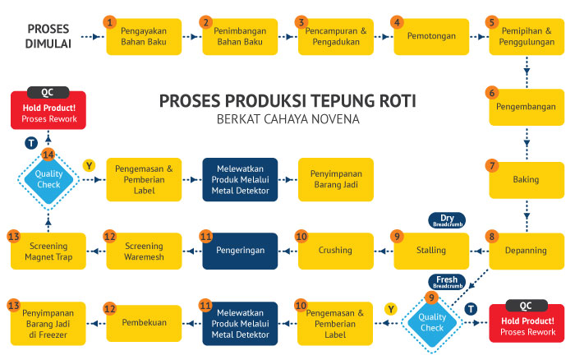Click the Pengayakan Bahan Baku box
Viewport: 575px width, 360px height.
145,36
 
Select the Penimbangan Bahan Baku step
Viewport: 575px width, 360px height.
240,36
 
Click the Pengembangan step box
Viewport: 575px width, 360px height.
527,106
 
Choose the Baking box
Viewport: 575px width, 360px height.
527,178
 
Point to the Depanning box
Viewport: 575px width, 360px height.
527,249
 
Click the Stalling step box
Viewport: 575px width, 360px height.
431,249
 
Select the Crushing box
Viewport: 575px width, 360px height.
335,249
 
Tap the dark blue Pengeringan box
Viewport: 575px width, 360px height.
240,249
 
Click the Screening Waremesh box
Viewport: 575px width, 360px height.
145,249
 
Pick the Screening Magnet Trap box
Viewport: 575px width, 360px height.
48,249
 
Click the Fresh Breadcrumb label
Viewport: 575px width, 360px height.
446,281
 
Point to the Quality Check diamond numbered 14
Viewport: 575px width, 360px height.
48,178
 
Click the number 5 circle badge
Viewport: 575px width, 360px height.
492,22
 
